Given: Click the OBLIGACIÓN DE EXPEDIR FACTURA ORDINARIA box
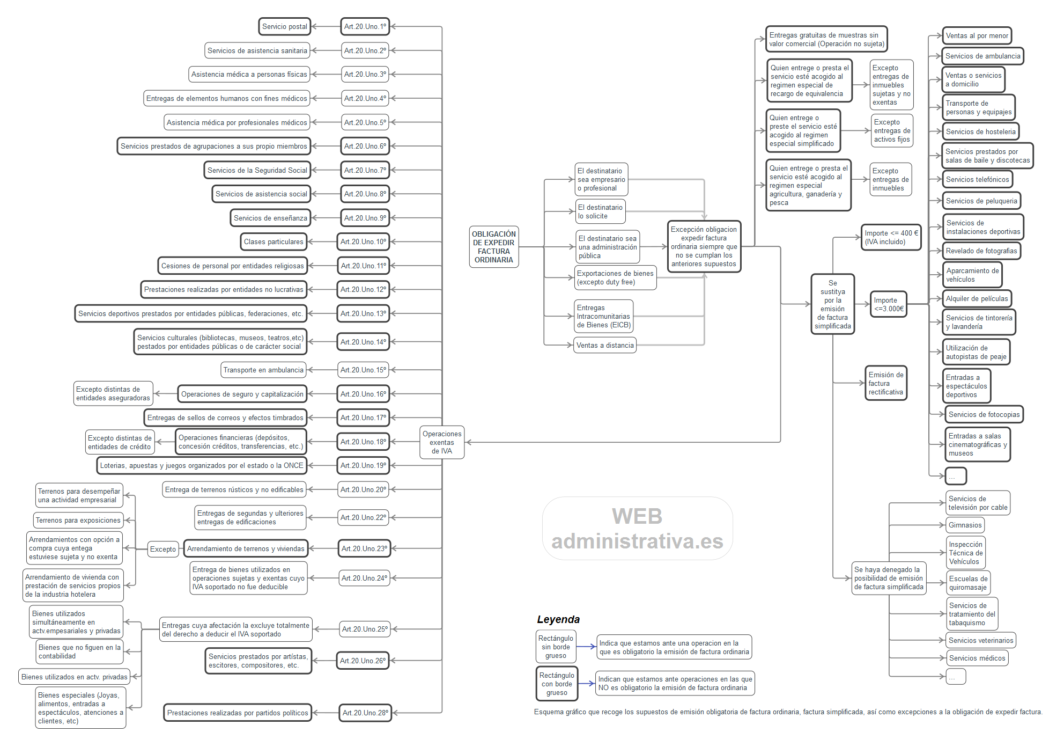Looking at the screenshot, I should click(493, 247).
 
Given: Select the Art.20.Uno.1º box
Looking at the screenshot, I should click(365, 26).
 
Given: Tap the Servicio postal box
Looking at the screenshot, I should click(284, 26).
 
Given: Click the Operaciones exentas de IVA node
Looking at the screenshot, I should click(442, 442).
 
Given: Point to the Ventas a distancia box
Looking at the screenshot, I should click(605, 345).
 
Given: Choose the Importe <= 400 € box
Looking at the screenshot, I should click(891, 237).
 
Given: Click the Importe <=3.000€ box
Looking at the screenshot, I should click(889, 304).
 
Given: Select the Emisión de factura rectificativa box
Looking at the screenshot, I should click(886, 383).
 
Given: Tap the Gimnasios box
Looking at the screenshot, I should click(965, 525).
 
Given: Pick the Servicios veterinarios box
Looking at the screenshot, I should click(980, 640).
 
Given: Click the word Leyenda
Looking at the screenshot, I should click(558, 619).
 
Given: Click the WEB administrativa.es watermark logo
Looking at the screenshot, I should click(637, 529).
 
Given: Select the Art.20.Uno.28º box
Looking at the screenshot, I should click(365, 713).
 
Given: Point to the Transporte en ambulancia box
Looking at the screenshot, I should click(263, 370).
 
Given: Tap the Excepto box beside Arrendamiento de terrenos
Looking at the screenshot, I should click(163, 549).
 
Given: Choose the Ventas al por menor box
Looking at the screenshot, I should click(977, 36).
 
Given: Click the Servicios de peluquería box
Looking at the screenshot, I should click(981, 201).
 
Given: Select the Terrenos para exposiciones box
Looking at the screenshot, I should click(78, 520).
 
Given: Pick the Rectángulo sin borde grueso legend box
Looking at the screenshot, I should click(556, 647).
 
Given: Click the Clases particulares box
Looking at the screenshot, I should click(274, 241).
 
